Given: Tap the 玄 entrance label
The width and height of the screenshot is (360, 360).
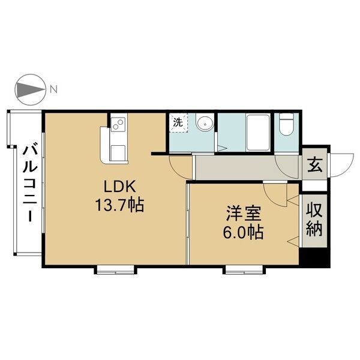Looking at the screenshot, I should (x=314, y=164).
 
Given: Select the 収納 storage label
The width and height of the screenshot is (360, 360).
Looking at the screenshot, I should (x=314, y=219).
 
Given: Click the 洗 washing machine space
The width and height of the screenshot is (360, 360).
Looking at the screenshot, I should (x=178, y=122).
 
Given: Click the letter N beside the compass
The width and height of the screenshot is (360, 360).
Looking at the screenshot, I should (x=53, y=91).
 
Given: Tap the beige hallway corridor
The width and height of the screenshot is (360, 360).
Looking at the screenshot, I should (x=246, y=166).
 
